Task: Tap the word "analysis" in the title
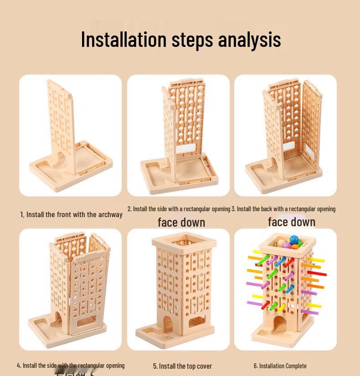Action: point(249,40)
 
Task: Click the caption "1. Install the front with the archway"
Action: point(71,214)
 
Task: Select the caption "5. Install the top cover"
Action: point(182,366)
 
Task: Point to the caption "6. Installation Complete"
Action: point(280,366)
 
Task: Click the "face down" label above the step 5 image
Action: point(181,223)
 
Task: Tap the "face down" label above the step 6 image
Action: point(292,222)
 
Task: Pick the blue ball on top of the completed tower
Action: point(294,239)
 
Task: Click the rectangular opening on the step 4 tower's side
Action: point(87,324)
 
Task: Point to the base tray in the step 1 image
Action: point(87,168)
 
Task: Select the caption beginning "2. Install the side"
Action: point(179,209)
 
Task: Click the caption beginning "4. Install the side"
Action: point(71,366)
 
